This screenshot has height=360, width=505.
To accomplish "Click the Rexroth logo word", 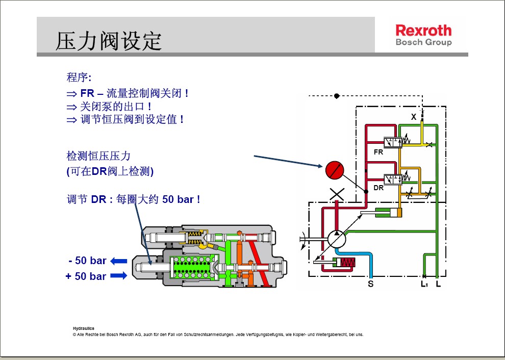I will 423,30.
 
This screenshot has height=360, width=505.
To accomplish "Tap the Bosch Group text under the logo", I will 423,42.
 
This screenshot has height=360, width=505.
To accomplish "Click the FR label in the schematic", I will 378,152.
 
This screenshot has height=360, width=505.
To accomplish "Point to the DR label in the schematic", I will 378,188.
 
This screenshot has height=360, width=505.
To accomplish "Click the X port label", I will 414,117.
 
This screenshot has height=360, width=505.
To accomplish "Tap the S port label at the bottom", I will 371,284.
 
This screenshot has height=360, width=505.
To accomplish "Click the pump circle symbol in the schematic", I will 336,239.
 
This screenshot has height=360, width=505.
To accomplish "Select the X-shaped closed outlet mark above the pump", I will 337,194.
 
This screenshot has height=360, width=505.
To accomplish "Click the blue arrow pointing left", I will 118,261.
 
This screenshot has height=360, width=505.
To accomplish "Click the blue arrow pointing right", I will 118,276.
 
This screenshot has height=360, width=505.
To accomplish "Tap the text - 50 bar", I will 87,261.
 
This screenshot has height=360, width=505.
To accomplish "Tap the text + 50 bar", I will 86,276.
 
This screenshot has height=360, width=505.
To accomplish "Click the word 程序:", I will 79,78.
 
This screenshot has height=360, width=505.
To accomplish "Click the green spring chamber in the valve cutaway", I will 193,268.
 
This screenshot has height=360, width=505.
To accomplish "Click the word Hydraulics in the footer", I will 84,328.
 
